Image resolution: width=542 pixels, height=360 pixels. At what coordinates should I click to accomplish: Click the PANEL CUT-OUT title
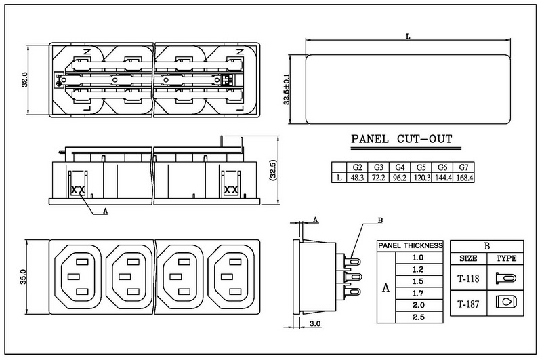click(401, 142)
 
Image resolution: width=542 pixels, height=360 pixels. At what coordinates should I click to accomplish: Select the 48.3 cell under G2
click(358, 178)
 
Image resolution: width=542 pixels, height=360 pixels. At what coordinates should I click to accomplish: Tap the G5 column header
click(421, 167)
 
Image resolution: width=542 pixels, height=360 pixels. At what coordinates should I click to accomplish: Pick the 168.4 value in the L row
click(463, 178)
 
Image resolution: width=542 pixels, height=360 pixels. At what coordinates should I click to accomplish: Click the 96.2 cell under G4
click(400, 178)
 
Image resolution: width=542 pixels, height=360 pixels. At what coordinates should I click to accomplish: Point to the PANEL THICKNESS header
click(410, 245)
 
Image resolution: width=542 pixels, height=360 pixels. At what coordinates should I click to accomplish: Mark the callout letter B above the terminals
click(379, 222)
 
